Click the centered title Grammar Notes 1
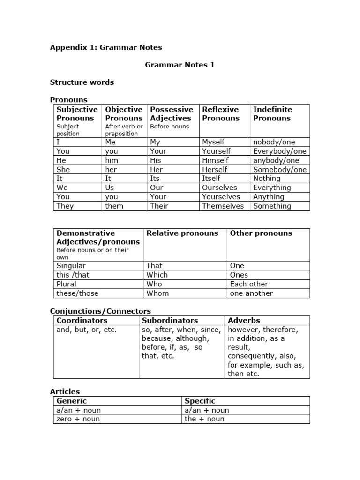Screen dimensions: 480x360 click(x=180, y=65)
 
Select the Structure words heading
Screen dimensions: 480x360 click(x=82, y=82)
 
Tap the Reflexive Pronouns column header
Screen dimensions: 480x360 click(x=220, y=114)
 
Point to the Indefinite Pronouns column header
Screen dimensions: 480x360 click(x=272, y=114)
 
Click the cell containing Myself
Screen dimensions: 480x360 click(x=213, y=142)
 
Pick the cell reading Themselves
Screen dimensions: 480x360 click(x=223, y=206)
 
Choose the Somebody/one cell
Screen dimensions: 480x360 click(x=280, y=169)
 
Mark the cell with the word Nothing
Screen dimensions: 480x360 click(x=267, y=178)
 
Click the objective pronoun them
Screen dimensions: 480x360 click(x=114, y=206)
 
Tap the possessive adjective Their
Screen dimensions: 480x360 click(x=159, y=206)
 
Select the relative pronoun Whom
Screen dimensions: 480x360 click(x=157, y=293)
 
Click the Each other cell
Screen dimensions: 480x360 click(x=249, y=284)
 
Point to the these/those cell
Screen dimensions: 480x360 click(x=78, y=293)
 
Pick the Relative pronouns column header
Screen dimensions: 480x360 click(x=182, y=233)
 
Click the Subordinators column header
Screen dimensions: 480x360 click(x=170, y=320)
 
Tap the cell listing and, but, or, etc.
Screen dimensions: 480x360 click(x=86, y=330)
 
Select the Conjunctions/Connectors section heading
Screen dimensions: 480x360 click(x=100, y=311)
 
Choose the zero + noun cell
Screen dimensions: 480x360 click(x=78, y=419)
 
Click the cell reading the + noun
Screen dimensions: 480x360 click(x=204, y=419)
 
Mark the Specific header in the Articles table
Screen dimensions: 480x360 click(x=200, y=401)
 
